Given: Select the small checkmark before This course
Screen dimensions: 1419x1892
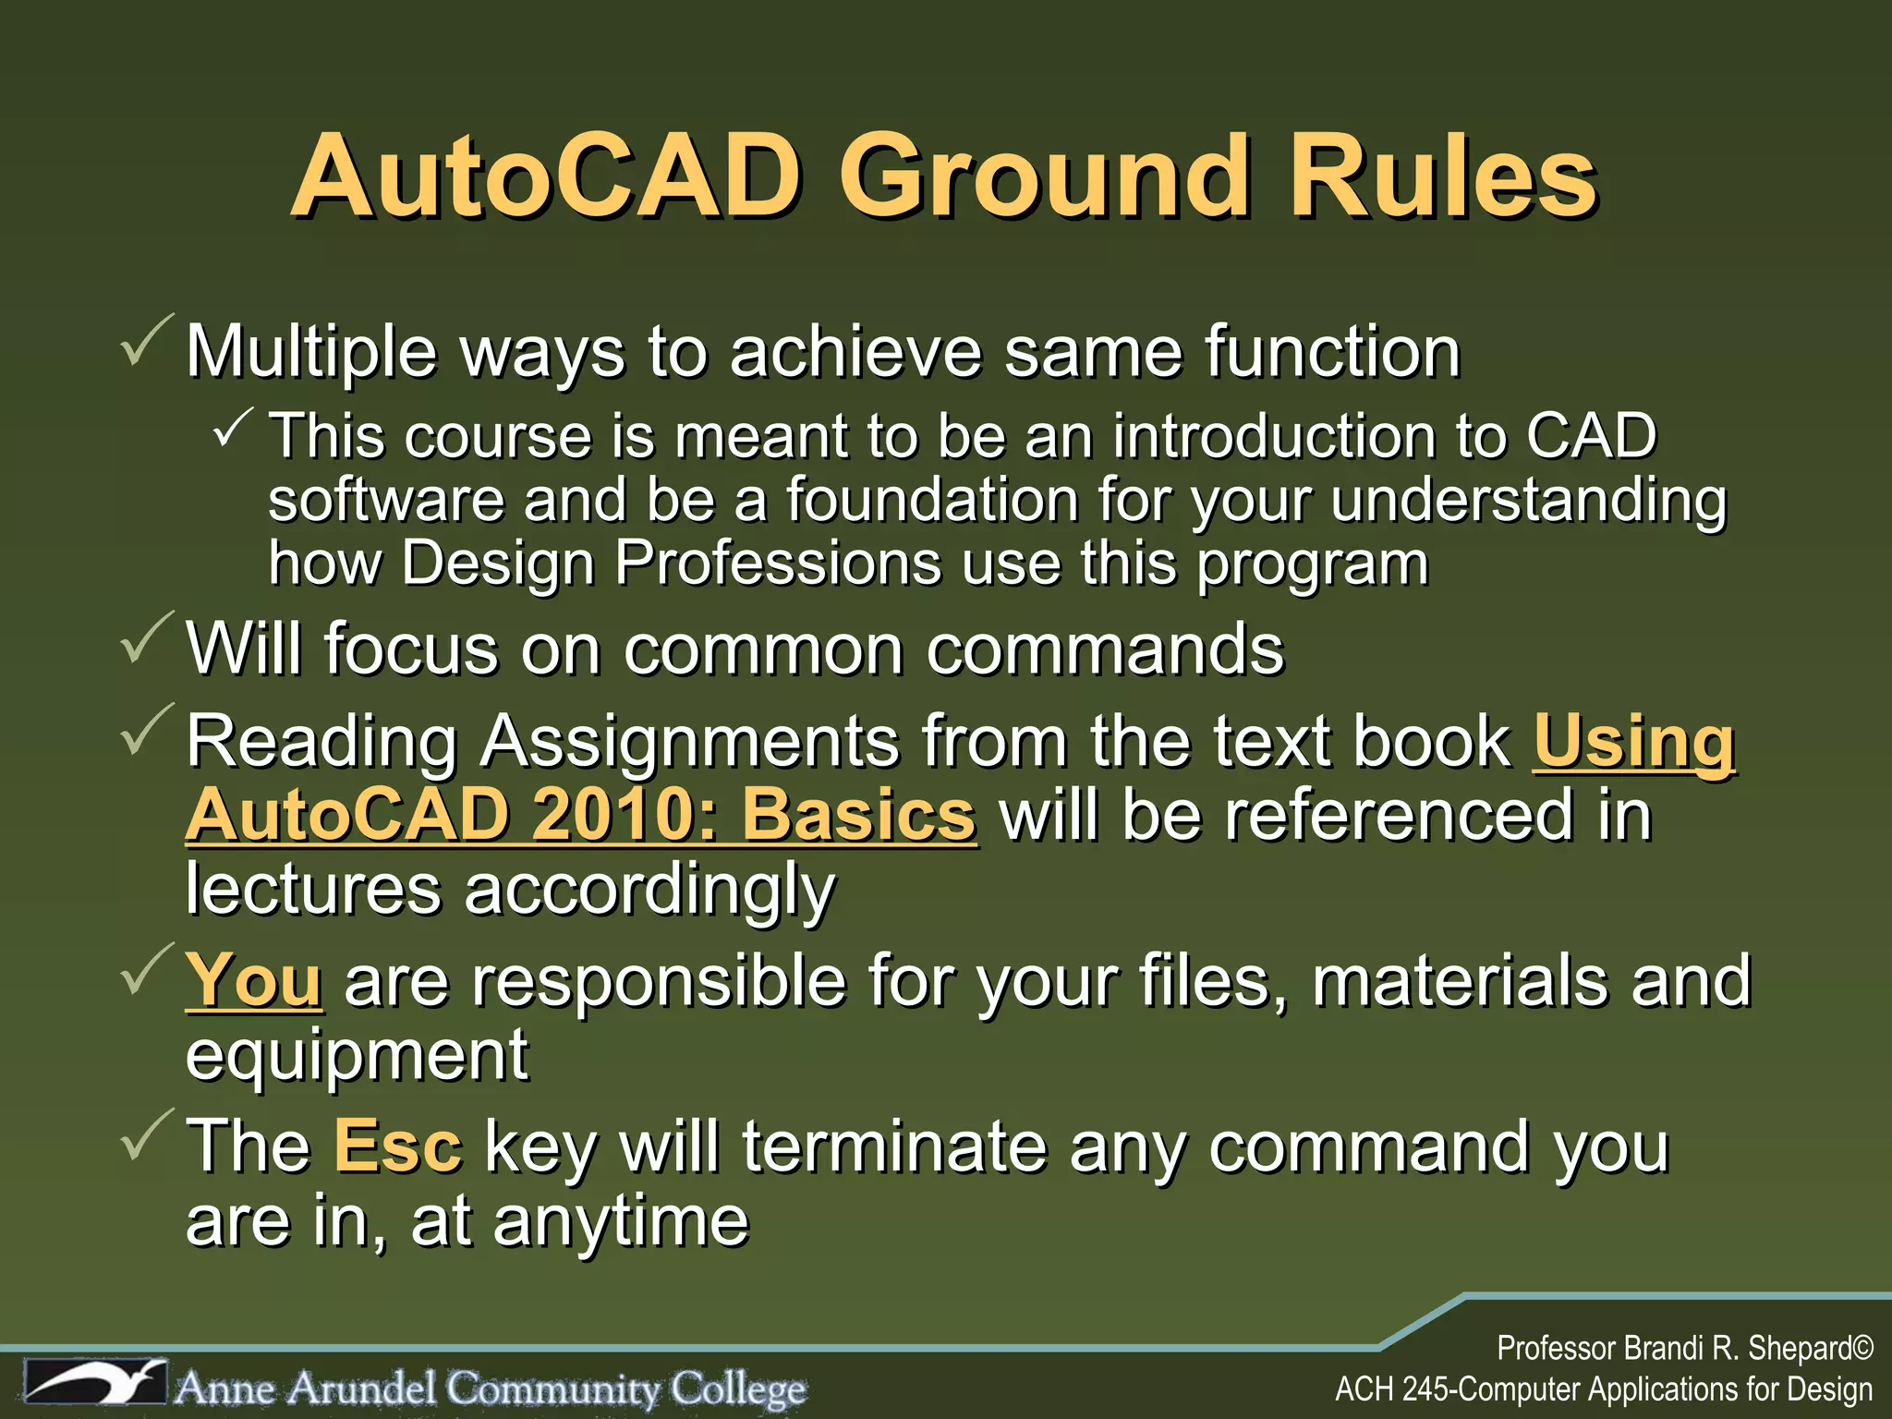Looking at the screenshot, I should [233, 428].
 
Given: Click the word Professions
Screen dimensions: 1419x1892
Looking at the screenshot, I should [778, 563].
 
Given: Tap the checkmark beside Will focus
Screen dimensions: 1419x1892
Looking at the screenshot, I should [146, 639].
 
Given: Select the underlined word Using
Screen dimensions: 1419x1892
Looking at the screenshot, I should [1634, 742].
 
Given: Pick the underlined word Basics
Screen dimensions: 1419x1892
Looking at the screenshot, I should [859, 815].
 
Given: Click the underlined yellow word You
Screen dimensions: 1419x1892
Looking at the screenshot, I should [254, 980].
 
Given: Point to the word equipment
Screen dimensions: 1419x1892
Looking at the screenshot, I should [357, 1055].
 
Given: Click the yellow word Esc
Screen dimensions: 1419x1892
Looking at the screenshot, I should [397, 1146].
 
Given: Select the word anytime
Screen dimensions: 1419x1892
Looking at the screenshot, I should [621, 1221].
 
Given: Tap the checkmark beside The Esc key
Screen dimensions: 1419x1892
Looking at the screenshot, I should [146, 1136].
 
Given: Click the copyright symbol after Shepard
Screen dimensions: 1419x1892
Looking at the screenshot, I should [1862, 1349].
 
